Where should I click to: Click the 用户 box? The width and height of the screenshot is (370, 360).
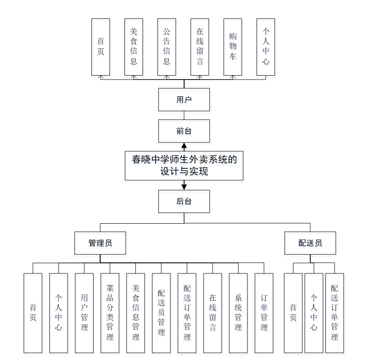pyautogui.click(x=184, y=99)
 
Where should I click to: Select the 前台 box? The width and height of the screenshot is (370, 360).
pyautogui.click(x=184, y=131)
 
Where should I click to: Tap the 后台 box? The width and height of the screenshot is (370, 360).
pyautogui.click(x=184, y=201)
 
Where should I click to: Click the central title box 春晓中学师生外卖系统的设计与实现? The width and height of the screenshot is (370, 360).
pyautogui.click(x=184, y=165)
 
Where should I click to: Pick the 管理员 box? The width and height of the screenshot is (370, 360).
pyautogui.click(x=101, y=243)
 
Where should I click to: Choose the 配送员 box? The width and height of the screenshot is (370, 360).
pyautogui.click(x=310, y=243)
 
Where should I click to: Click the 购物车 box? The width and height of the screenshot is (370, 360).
pyautogui.click(x=232, y=47)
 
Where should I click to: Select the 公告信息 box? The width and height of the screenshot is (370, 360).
pyautogui.click(x=167, y=47)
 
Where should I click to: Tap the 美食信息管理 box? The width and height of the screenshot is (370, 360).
pyautogui.click(x=136, y=313)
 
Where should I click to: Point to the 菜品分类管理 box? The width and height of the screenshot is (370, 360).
pyautogui.click(x=110, y=313)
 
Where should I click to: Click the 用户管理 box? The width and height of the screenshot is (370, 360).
pyautogui.click(x=84, y=313)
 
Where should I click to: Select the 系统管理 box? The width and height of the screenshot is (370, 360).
pyautogui.click(x=238, y=313)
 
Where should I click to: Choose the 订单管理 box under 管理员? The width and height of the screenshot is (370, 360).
pyautogui.click(x=264, y=313)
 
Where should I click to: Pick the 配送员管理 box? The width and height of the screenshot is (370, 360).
pyautogui.click(x=161, y=313)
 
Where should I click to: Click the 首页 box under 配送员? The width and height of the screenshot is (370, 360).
pyautogui.click(x=293, y=313)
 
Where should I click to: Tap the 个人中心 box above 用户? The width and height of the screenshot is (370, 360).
pyautogui.click(x=265, y=47)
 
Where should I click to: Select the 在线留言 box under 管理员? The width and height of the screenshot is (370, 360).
pyautogui.click(x=213, y=313)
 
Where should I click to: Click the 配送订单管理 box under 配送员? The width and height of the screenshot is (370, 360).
pyautogui.click(x=334, y=313)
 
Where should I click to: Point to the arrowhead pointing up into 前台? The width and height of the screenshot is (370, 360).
pyautogui.click(x=184, y=145)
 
